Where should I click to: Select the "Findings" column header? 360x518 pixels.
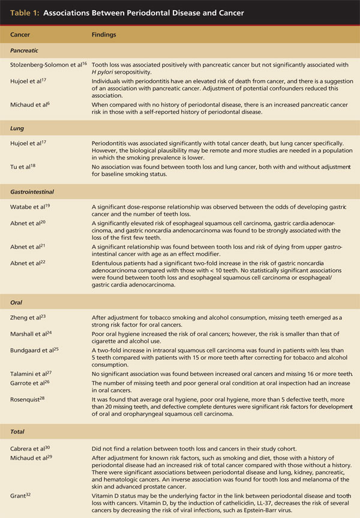tap(104, 35)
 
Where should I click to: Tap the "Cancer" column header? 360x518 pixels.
tap(23, 35)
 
